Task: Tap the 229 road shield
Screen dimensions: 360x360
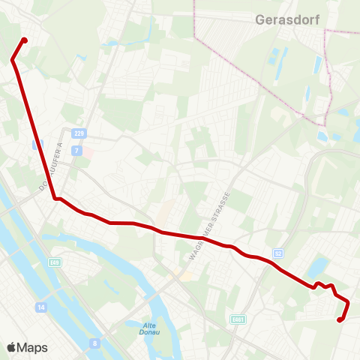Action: point(79,133)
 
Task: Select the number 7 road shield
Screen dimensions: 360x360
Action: point(76,150)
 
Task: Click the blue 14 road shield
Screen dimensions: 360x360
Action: point(40,307)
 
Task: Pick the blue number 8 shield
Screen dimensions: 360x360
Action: point(94,343)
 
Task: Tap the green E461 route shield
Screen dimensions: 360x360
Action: point(238,319)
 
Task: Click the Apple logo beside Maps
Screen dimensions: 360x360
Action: point(12,347)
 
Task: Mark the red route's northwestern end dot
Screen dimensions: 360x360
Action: point(25,40)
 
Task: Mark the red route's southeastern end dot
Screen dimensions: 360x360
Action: point(340,319)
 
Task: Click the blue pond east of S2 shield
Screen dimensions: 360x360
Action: point(319,265)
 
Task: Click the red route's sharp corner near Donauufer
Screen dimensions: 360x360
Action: point(55,199)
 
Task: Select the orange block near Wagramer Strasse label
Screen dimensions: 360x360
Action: point(184,276)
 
